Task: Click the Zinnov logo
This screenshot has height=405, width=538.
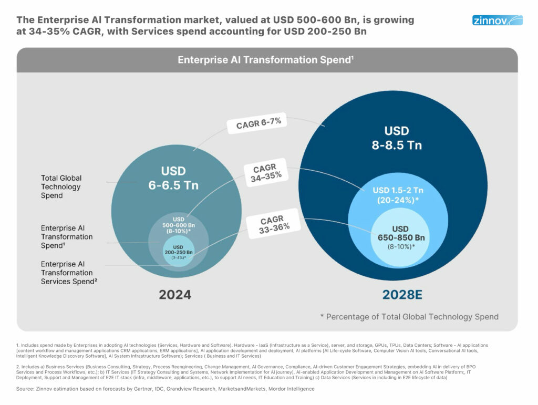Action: [x=497, y=21]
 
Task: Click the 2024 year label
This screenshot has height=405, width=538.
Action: [x=175, y=294]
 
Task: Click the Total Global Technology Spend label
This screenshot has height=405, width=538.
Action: [x=61, y=186]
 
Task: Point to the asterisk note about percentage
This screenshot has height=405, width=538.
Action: [x=409, y=317]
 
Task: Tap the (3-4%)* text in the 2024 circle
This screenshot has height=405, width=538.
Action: [x=179, y=258]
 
